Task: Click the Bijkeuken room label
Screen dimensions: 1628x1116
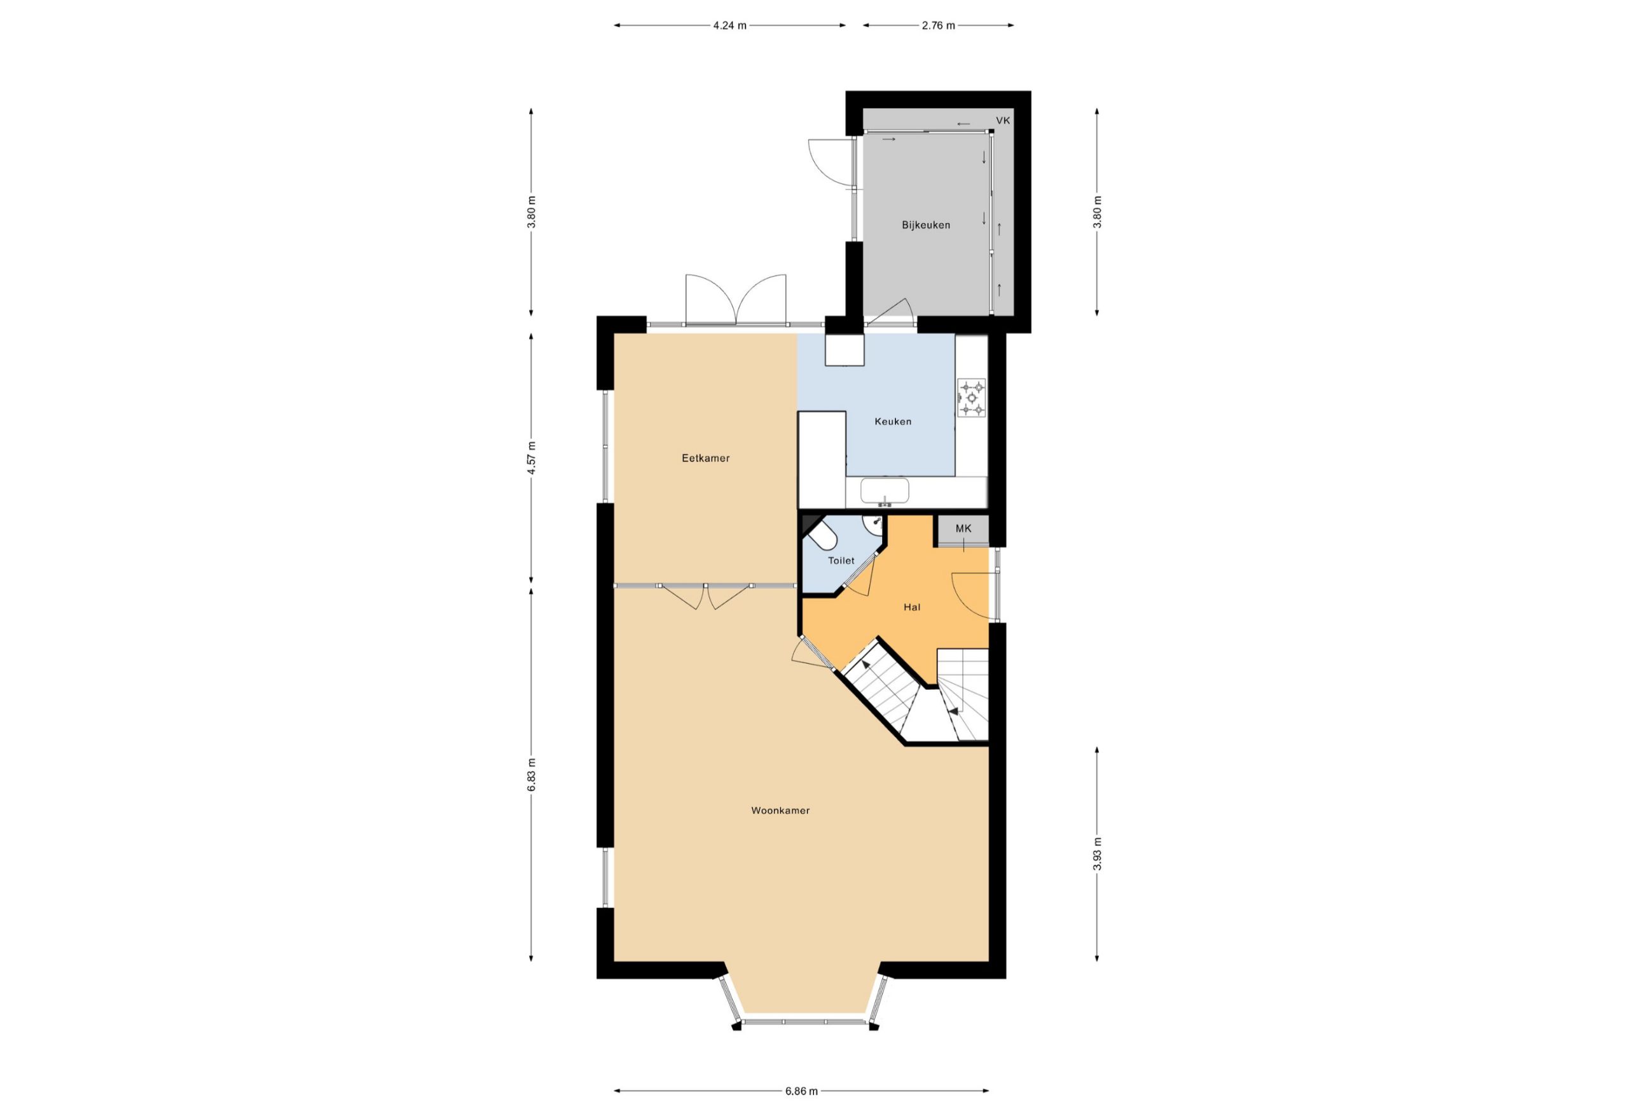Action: tap(925, 226)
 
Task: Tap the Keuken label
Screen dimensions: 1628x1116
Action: tap(892, 422)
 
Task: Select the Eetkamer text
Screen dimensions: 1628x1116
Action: tap(705, 458)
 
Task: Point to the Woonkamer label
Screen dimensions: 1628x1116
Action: tap(780, 811)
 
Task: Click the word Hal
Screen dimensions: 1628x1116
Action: tap(911, 607)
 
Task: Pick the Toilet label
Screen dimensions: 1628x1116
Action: tap(841, 560)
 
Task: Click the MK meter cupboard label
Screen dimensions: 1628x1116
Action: tap(963, 528)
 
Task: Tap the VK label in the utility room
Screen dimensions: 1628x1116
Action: tap(1003, 120)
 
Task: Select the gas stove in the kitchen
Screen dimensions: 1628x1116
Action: tap(971, 398)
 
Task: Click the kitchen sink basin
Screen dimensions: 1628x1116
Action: tap(885, 490)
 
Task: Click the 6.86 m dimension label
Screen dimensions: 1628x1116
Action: tap(801, 1091)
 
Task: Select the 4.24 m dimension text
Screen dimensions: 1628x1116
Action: tap(729, 26)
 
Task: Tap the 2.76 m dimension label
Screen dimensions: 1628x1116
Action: tap(938, 26)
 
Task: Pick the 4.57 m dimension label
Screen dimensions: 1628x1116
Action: tap(532, 458)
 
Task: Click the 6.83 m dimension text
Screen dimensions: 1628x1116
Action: tap(532, 775)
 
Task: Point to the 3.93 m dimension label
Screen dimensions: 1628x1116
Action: tap(1097, 854)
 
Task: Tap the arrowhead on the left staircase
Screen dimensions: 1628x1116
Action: tap(867, 665)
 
